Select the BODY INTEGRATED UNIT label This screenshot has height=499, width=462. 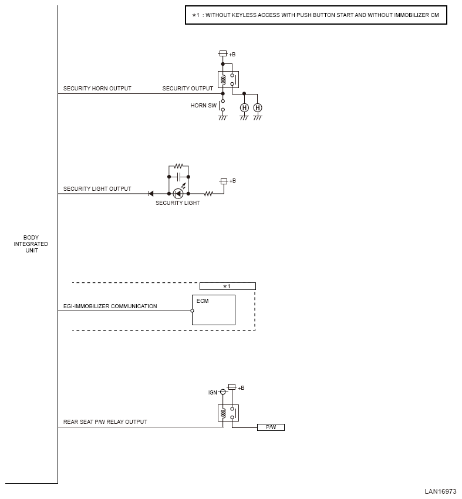[31, 244]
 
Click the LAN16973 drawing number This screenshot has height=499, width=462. [440, 492]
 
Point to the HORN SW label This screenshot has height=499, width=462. [203, 105]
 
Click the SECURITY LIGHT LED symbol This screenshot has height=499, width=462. [178, 194]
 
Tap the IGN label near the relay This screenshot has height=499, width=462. [213, 392]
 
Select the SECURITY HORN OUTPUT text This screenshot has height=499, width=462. [97, 89]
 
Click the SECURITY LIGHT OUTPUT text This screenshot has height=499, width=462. [97, 188]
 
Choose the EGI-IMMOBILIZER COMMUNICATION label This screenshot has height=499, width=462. [110, 306]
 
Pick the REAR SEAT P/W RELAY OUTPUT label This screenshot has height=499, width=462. [105, 422]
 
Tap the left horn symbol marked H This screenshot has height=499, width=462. [244, 108]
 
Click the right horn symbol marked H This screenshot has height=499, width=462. [257, 108]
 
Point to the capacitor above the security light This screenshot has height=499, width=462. [178, 177]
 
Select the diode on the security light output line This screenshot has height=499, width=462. [151, 194]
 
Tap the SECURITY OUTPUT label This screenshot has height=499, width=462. [188, 89]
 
